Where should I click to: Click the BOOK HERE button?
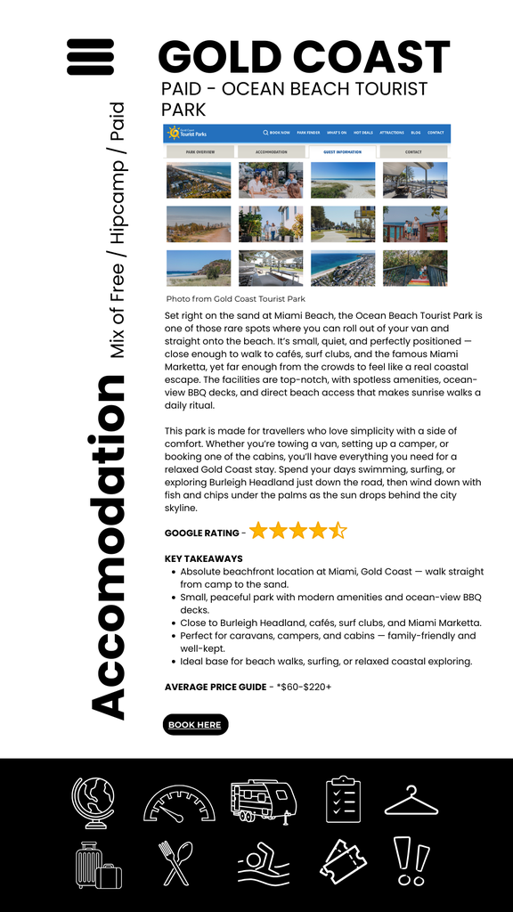pyautogui.click(x=195, y=725)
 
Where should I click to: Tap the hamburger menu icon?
pyautogui.click(x=90, y=57)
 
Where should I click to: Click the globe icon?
pyautogui.click(x=94, y=802)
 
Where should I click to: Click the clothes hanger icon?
pyautogui.click(x=411, y=802)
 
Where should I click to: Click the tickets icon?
pyautogui.click(x=343, y=863)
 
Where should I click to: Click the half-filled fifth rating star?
pyautogui.click(x=338, y=532)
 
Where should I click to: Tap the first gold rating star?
pyautogui.click(x=258, y=532)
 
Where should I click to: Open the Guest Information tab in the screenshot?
pyautogui.click(x=342, y=152)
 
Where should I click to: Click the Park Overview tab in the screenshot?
pyautogui.click(x=199, y=152)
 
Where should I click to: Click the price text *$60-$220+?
pyautogui.click(x=304, y=687)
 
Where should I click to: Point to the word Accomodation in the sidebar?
pyautogui.click(x=107, y=547)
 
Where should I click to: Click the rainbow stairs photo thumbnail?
pyautogui.click(x=415, y=267)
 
